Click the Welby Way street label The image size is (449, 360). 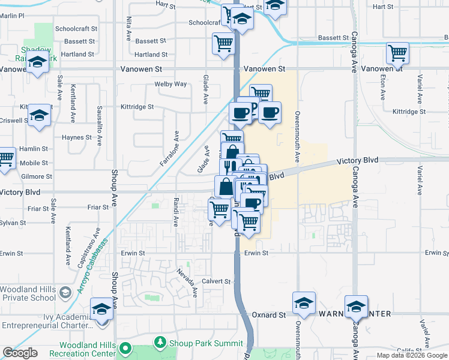170,84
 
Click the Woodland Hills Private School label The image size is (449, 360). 28,293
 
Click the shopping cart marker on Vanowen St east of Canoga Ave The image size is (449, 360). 397,53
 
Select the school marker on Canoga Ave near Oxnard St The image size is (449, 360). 356,306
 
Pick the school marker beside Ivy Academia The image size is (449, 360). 101,310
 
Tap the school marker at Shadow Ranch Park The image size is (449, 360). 38,62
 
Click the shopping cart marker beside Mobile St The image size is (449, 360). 5,158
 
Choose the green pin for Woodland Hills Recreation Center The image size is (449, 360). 125,348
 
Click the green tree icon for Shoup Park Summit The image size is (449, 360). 160,343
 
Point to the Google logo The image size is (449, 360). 20,353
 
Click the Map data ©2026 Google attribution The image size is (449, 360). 412,355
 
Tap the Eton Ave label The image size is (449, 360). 382,87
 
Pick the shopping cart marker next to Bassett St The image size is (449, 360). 223,43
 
